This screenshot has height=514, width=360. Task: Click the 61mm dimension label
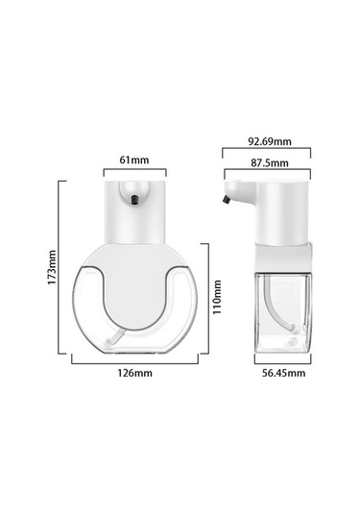pos(134,160)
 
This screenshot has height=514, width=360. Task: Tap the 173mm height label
pos(52,267)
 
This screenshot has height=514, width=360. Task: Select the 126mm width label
pos(135,373)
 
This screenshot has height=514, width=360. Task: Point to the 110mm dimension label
pos(217,297)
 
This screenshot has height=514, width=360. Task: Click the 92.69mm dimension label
pos(270,141)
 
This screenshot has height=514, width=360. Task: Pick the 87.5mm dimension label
pos(270,163)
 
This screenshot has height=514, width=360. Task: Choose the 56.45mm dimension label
pos(283,373)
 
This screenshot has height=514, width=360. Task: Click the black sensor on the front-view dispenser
pos(134,200)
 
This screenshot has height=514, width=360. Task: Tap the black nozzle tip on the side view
pos(226,200)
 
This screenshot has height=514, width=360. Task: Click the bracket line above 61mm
pos(135,170)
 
